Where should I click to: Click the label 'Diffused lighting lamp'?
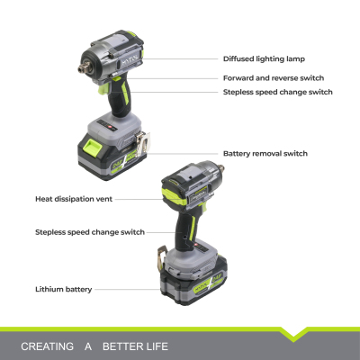pyautogui.click(x=264, y=58)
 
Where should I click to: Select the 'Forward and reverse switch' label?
pyautogui.click(x=274, y=78)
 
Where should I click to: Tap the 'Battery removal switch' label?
pyautogui.click(x=265, y=154)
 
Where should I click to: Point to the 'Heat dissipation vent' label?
pyautogui.click(x=74, y=199)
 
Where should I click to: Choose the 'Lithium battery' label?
pyautogui.click(x=64, y=290)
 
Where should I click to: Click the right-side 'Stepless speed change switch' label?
pyautogui.click(x=278, y=92)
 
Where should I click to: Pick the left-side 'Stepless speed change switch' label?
pyautogui.click(x=90, y=232)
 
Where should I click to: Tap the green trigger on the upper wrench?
pyautogui.click(x=104, y=88)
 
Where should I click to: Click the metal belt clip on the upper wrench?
pyautogui.click(x=142, y=142)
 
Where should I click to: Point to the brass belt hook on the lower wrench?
pyautogui.click(x=162, y=256)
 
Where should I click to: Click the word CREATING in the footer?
pyautogui.click(x=47, y=346)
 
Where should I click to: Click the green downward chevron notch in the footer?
pyautogui.click(x=293, y=334)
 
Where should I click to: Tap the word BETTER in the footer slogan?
pyautogui.click(x=123, y=346)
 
